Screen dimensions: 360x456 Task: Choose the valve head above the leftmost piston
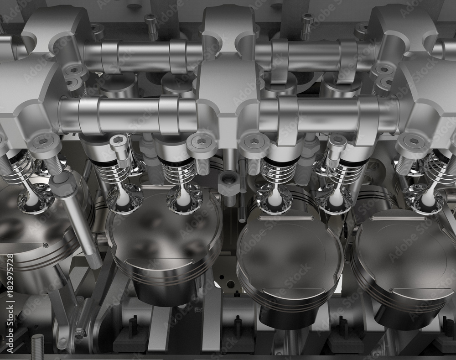34,201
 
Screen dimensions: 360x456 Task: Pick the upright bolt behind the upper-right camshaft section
307,25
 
